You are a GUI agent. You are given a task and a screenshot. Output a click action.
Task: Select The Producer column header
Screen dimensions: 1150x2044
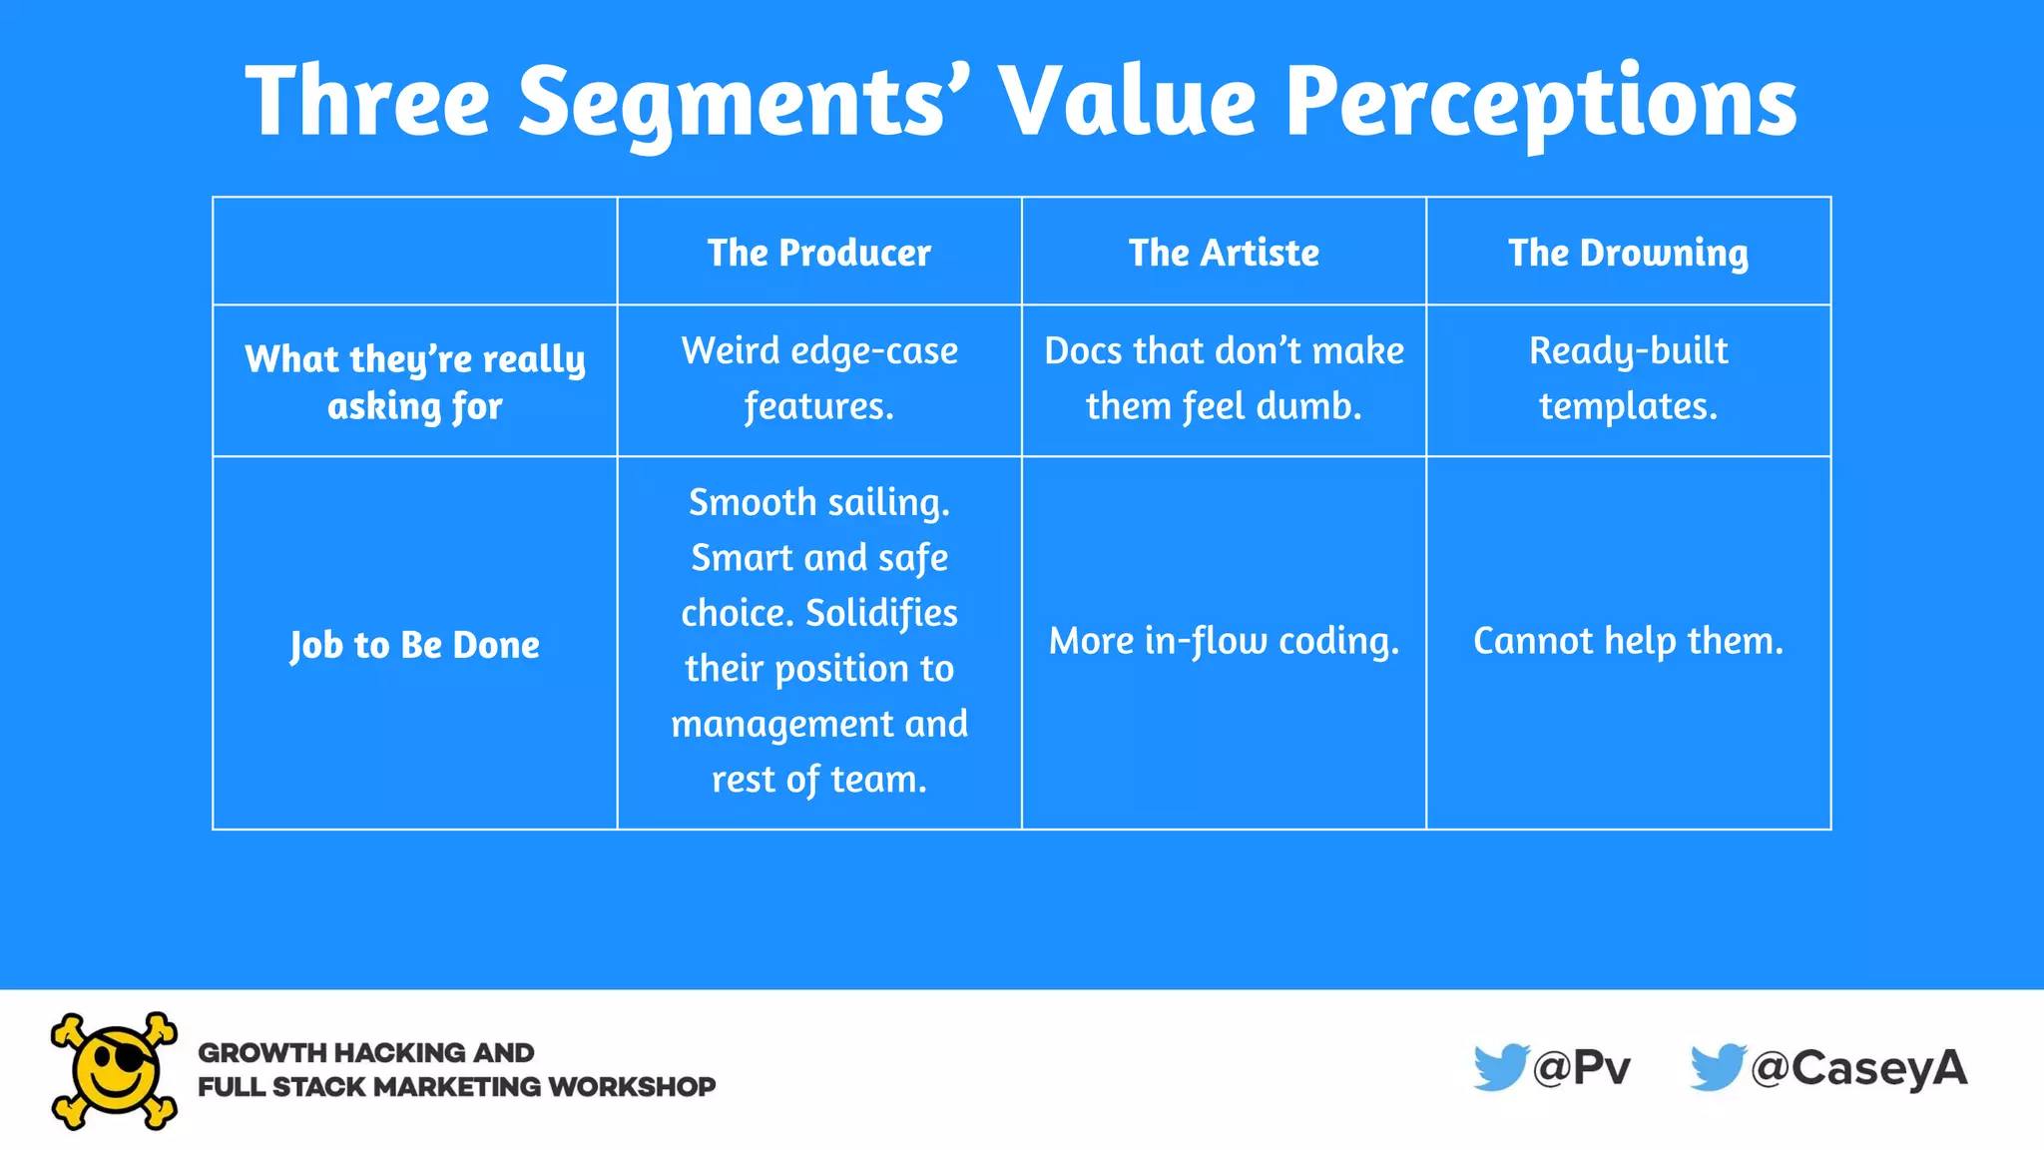point(819,253)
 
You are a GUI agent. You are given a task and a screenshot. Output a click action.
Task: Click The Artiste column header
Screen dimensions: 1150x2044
point(1224,253)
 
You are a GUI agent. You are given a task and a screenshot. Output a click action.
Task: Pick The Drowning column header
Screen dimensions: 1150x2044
point(1628,253)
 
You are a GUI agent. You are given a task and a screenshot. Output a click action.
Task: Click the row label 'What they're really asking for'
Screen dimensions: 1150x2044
point(415,381)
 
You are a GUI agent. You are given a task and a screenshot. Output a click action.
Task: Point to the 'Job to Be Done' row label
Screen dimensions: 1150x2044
point(415,645)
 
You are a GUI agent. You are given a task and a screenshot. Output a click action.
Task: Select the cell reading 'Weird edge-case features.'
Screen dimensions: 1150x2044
point(819,378)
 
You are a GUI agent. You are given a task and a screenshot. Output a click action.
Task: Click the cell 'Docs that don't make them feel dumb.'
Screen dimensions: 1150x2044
point(1224,378)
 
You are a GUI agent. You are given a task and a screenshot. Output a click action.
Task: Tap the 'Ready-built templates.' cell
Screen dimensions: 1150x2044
point(1628,378)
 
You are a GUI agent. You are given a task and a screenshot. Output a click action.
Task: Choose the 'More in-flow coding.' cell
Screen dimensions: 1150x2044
point(1224,641)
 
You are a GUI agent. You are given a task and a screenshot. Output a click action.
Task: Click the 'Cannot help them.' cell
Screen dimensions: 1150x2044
point(1628,641)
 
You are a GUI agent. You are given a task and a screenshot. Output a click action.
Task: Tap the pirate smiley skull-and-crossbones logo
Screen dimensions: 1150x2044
point(115,1071)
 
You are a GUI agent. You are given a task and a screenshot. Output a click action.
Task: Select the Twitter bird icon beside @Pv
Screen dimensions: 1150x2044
point(1500,1067)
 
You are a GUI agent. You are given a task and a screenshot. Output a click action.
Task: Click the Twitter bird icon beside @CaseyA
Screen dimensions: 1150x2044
point(1717,1067)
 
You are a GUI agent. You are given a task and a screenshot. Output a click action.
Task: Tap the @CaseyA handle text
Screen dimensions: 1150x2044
point(1858,1068)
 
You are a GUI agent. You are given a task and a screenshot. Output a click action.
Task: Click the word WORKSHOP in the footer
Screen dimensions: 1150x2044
point(632,1086)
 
